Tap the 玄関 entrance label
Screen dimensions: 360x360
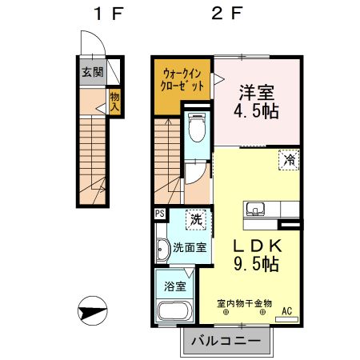click(92, 71)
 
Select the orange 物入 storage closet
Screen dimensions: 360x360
click(114, 102)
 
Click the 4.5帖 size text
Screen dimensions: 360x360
click(256, 111)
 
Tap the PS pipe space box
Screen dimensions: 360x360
click(160, 213)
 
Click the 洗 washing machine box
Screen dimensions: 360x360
click(195, 218)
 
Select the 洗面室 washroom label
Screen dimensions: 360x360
click(190, 247)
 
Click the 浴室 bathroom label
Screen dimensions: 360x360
click(175, 286)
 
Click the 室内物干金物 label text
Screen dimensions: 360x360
click(245, 303)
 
